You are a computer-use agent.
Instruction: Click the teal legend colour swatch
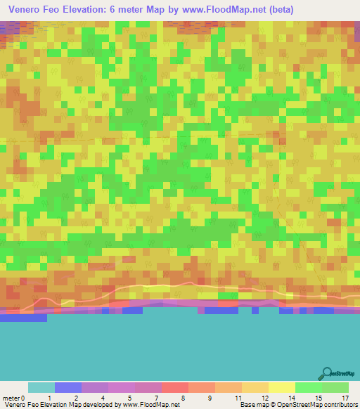click(41, 387)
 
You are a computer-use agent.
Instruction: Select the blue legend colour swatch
click(68, 387)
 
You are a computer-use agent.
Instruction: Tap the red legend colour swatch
click(175, 387)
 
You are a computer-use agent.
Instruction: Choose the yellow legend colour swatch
click(282, 387)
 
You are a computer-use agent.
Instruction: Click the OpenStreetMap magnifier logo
click(325, 372)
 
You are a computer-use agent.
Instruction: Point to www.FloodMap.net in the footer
click(150, 404)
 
